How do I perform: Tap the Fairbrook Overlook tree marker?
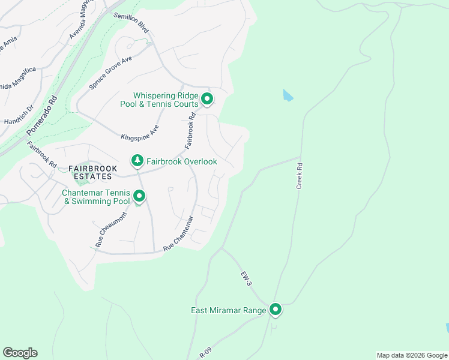coord(137,161)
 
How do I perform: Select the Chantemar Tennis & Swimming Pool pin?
coord(139,196)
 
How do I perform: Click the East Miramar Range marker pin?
coord(276,310)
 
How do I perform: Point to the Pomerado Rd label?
coord(41,115)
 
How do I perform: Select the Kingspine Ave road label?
coord(139,133)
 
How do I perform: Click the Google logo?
coord(20,353)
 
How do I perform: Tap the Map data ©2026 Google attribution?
coord(412,355)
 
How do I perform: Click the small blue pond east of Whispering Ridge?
coord(288,95)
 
